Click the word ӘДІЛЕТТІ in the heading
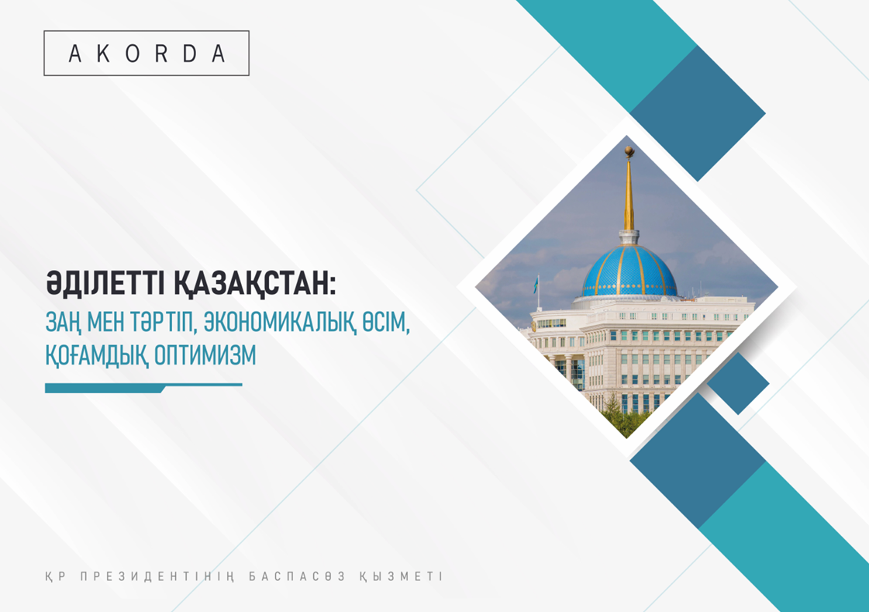click(105, 285)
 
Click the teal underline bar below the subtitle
click(143, 388)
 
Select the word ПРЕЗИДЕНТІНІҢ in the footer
click(158, 577)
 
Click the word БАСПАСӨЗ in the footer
click(297, 576)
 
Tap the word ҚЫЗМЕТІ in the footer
click(402, 577)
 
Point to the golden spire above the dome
click(629, 194)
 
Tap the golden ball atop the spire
click(629, 150)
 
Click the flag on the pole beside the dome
click(536, 285)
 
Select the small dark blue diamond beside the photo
click(738, 383)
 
